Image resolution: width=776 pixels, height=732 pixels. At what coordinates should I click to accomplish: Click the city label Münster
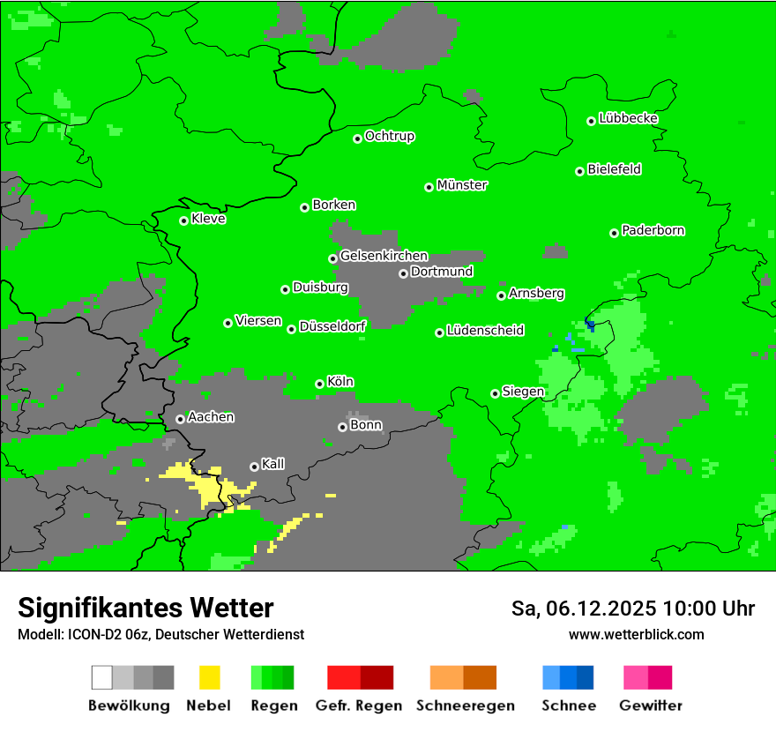coord(462,185)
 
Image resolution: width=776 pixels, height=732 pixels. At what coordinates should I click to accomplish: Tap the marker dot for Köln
coord(319,384)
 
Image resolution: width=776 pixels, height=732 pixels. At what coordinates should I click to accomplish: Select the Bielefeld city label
coord(614,169)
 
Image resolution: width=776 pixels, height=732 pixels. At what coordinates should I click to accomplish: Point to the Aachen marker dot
coord(180,419)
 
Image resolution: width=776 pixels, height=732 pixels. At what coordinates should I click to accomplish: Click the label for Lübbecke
coord(628,118)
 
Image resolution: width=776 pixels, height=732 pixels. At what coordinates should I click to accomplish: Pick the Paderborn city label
coord(653,230)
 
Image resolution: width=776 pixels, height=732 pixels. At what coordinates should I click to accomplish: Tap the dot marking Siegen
coord(495,393)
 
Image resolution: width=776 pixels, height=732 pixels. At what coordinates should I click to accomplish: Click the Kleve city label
coord(208,219)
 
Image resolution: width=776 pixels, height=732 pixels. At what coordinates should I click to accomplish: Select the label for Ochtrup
coord(389,137)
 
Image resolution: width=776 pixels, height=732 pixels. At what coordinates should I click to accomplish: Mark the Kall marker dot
coord(254,467)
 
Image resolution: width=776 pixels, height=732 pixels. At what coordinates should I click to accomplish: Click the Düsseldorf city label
coord(332,326)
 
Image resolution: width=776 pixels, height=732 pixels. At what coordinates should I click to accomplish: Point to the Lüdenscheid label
coord(485,331)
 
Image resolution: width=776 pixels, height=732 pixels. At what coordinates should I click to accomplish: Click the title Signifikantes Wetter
coord(145,608)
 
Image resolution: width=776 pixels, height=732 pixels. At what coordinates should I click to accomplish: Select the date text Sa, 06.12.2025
coord(584,609)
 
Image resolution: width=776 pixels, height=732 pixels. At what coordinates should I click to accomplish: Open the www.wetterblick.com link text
coord(636,634)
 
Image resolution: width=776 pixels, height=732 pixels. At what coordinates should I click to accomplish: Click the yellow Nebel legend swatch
coord(209,677)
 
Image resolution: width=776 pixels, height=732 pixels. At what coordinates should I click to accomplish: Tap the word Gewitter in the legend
coord(651,706)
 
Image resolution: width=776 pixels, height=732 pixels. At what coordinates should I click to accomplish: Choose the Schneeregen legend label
coord(465,706)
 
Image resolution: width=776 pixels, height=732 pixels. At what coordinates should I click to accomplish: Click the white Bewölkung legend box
coord(102,677)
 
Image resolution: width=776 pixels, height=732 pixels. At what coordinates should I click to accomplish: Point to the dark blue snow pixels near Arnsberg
coord(590,326)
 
